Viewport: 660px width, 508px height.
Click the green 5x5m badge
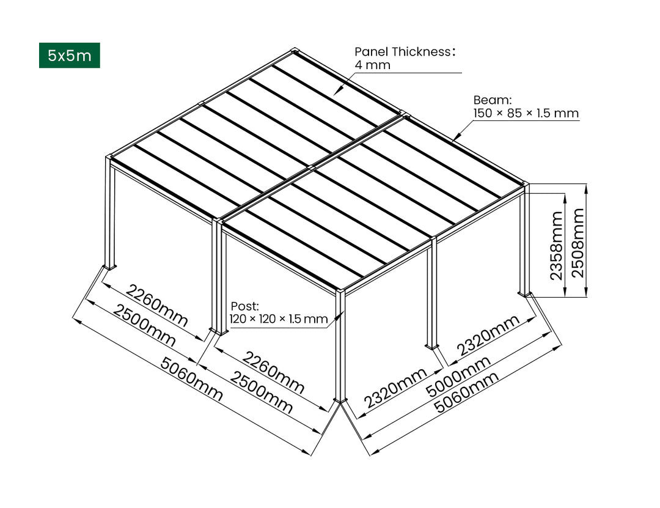(x=69, y=56)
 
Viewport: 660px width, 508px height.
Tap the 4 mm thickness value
(x=372, y=65)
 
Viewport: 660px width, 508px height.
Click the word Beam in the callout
(x=492, y=100)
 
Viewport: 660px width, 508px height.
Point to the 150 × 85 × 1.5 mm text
(x=526, y=114)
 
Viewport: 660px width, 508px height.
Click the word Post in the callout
(x=244, y=306)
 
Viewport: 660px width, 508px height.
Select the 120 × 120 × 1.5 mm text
(x=278, y=318)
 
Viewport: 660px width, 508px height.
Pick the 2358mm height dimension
(x=557, y=245)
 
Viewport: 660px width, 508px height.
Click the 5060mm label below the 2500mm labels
(x=191, y=379)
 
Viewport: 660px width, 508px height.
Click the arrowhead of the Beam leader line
(x=453, y=140)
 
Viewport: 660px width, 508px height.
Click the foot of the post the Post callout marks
(x=340, y=400)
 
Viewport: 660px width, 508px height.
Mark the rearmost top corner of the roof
(x=296, y=50)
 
